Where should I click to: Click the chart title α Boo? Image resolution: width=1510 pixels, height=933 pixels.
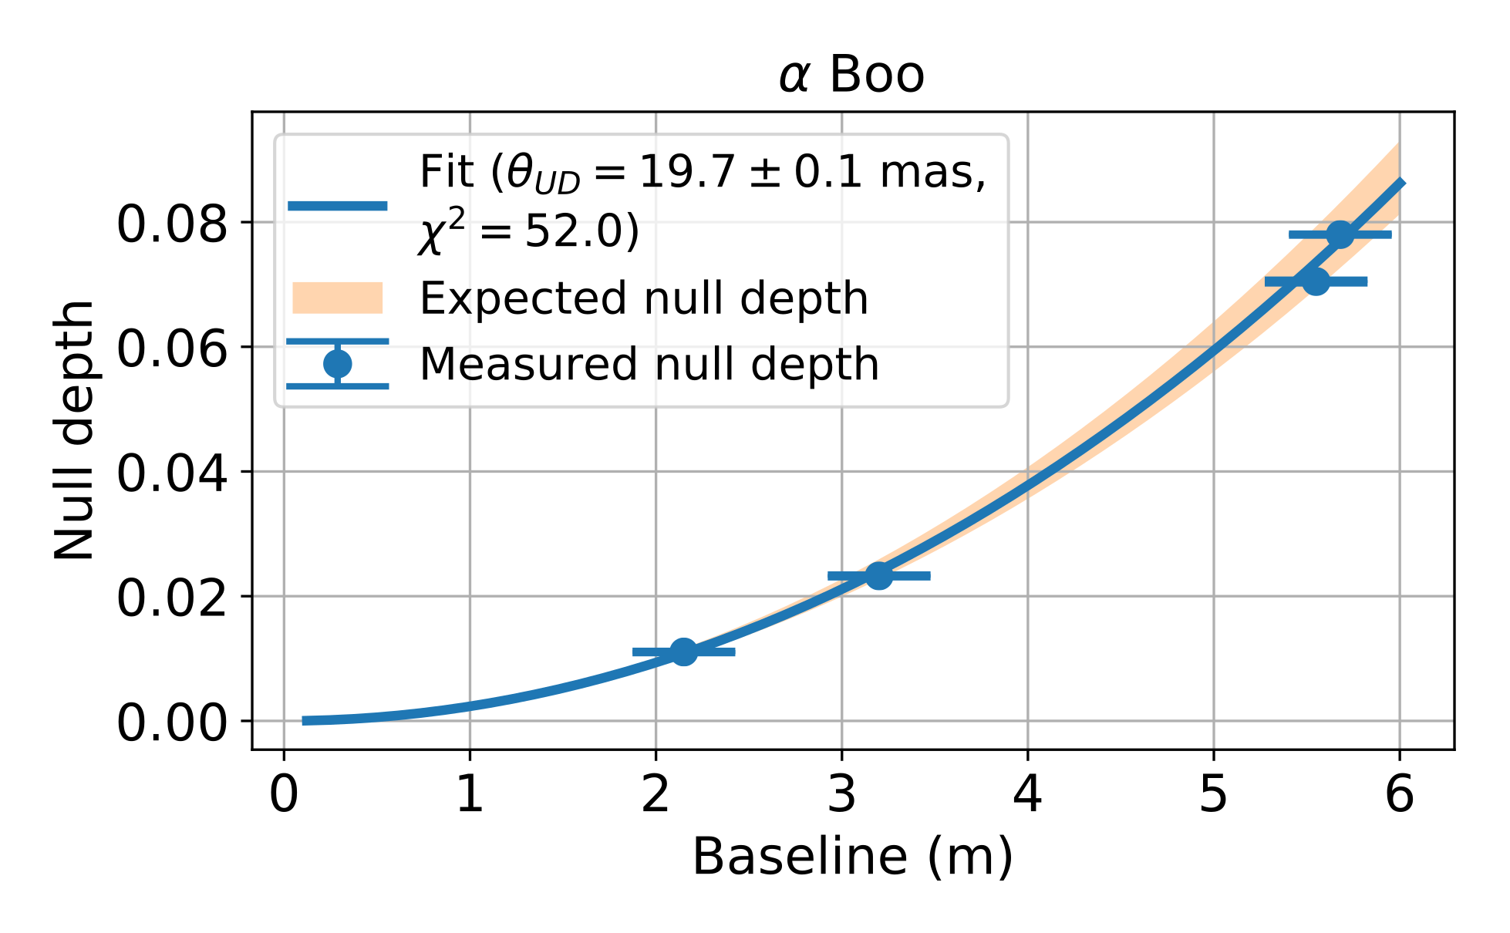click(x=851, y=76)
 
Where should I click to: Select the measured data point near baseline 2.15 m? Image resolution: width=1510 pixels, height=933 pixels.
click(x=683, y=652)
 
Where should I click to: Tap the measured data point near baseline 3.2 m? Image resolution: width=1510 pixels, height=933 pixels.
click(x=878, y=575)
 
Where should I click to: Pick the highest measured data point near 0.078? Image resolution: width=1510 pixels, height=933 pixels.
click(x=1340, y=234)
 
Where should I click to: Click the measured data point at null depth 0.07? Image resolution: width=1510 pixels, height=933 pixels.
click(x=1316, y=281)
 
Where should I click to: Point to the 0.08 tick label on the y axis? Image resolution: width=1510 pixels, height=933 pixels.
click(x=172, y=224)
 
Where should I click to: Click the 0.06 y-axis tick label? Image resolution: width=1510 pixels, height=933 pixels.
click(x=172, y=349)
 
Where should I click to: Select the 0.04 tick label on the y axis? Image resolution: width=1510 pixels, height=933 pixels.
click(x=172, y=473)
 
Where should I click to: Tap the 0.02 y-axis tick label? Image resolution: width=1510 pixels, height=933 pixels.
click(x=172, y=598)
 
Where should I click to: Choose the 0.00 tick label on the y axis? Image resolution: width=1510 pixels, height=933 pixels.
click(x=172, y=723)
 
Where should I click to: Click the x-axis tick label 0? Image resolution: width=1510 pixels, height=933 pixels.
click(x=284, y=794)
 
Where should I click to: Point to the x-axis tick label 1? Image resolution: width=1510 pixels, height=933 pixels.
click(x=470, y=794)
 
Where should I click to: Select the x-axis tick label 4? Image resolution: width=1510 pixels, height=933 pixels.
click(x=1028, y=794)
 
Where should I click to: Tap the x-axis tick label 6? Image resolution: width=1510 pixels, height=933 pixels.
click(x=1400, y=794)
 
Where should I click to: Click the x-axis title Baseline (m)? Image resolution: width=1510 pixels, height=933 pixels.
click(x=852, y=857)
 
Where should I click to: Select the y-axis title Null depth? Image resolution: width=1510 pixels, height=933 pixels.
click(x=74, y=429)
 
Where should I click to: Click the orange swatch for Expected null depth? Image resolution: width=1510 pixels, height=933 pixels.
click(x=337, y=298)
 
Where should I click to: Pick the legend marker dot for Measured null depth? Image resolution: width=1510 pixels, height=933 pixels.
click(x=337, y=363)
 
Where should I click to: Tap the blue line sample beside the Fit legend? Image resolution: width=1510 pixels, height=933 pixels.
click(x=337, y=205)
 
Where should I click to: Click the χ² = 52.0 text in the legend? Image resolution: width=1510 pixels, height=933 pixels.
click(x=529, y=231)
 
